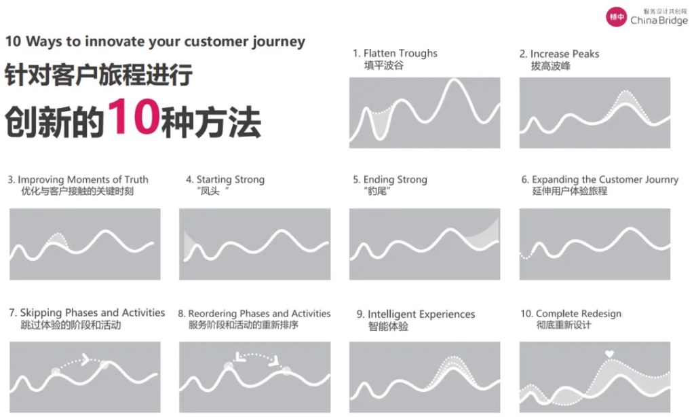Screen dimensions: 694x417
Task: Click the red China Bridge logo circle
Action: (x=616, y=17)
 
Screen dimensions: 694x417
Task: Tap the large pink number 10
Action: (x=133, y=116)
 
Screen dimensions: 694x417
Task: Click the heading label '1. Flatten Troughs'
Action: (x=395, y=53)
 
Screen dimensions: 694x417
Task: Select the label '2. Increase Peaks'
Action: (x=559, y=54)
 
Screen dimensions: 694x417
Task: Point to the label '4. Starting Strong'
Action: (x=225, y=179)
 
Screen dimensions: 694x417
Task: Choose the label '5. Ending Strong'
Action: (x=390, y=179)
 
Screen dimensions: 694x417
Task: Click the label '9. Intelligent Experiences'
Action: (x=416, y=314)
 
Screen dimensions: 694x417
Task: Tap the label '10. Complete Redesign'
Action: (x=571, y=314)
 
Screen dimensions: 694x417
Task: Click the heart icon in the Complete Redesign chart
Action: (x=609, y=354)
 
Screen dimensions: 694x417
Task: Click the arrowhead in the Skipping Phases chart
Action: (x=85, y=359)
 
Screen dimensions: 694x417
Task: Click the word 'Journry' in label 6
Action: (x=661, y=179)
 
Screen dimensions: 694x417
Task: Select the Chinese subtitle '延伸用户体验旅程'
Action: (x=570, y=191)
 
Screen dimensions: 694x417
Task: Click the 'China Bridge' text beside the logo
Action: (x=659, y=20)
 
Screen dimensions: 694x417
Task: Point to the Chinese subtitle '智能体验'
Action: (x=388, y=327)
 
